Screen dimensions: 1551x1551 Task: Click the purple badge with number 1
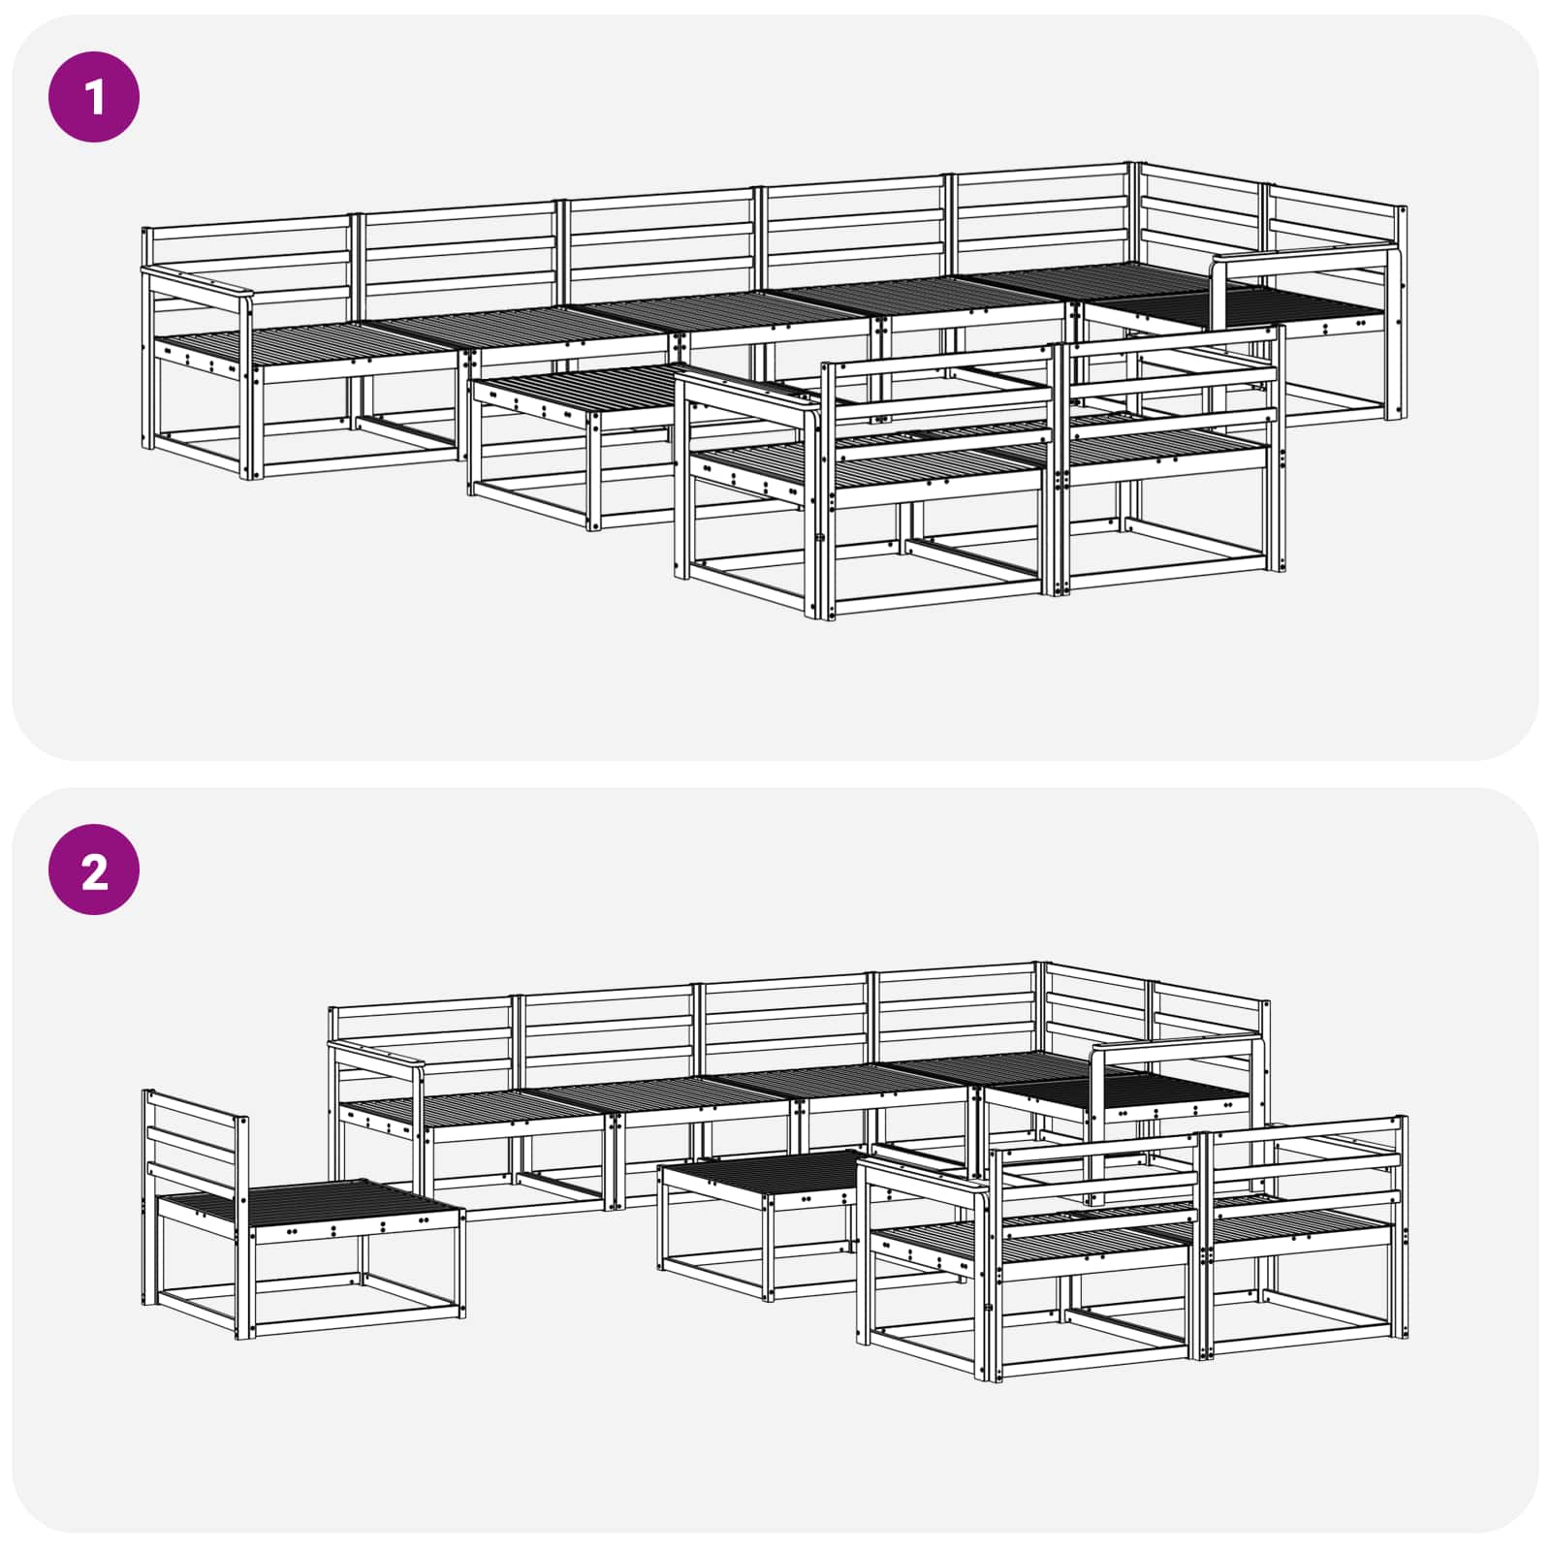point(94,97)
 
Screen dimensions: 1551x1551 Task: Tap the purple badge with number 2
point(94,870)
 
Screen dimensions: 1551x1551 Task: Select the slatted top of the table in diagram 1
point(582,386)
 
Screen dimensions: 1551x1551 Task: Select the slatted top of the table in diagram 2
point(766,1173)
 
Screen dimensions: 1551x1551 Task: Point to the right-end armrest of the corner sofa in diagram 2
point(1177,1045)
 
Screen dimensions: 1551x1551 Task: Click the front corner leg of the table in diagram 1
point(592,470)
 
